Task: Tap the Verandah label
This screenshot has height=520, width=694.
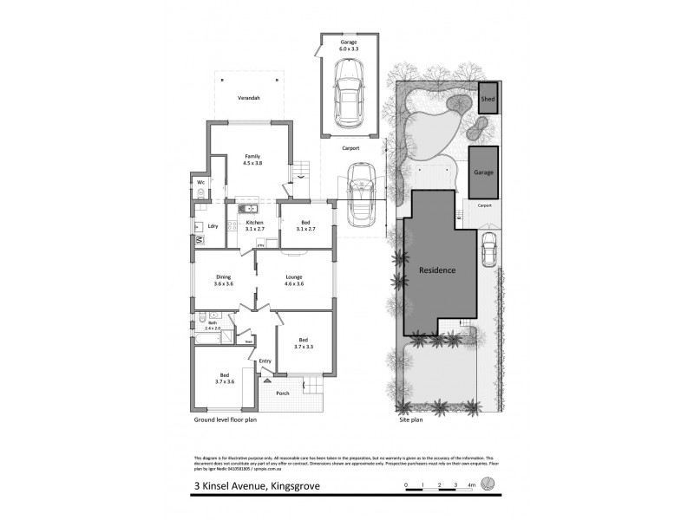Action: click(x=250, y=98)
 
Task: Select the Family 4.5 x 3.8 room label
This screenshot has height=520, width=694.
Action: click(x=252, y=159)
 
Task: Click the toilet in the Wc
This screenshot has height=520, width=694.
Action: click(x=200, y=194)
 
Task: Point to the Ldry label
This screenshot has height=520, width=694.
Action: click(x=212, y=227)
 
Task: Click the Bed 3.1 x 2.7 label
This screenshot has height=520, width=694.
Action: click(x=304, y=224)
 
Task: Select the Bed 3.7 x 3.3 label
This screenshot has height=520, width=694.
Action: click(x=304, y=342)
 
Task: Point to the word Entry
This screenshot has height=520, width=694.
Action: click(x=265, y=361)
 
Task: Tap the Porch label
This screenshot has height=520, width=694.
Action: click(x=283, y=393)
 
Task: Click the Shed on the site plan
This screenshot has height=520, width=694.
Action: click(x=488, y=100)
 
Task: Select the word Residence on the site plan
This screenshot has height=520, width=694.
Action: click(x=437, y=270)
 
